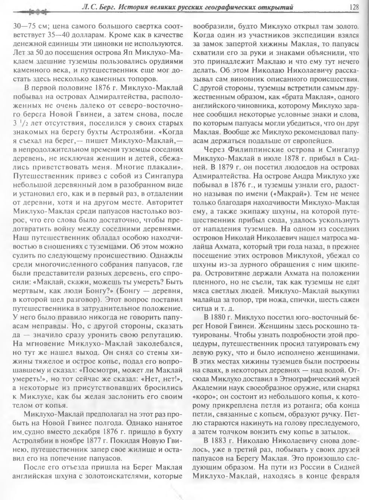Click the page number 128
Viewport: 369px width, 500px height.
(354, 7)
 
